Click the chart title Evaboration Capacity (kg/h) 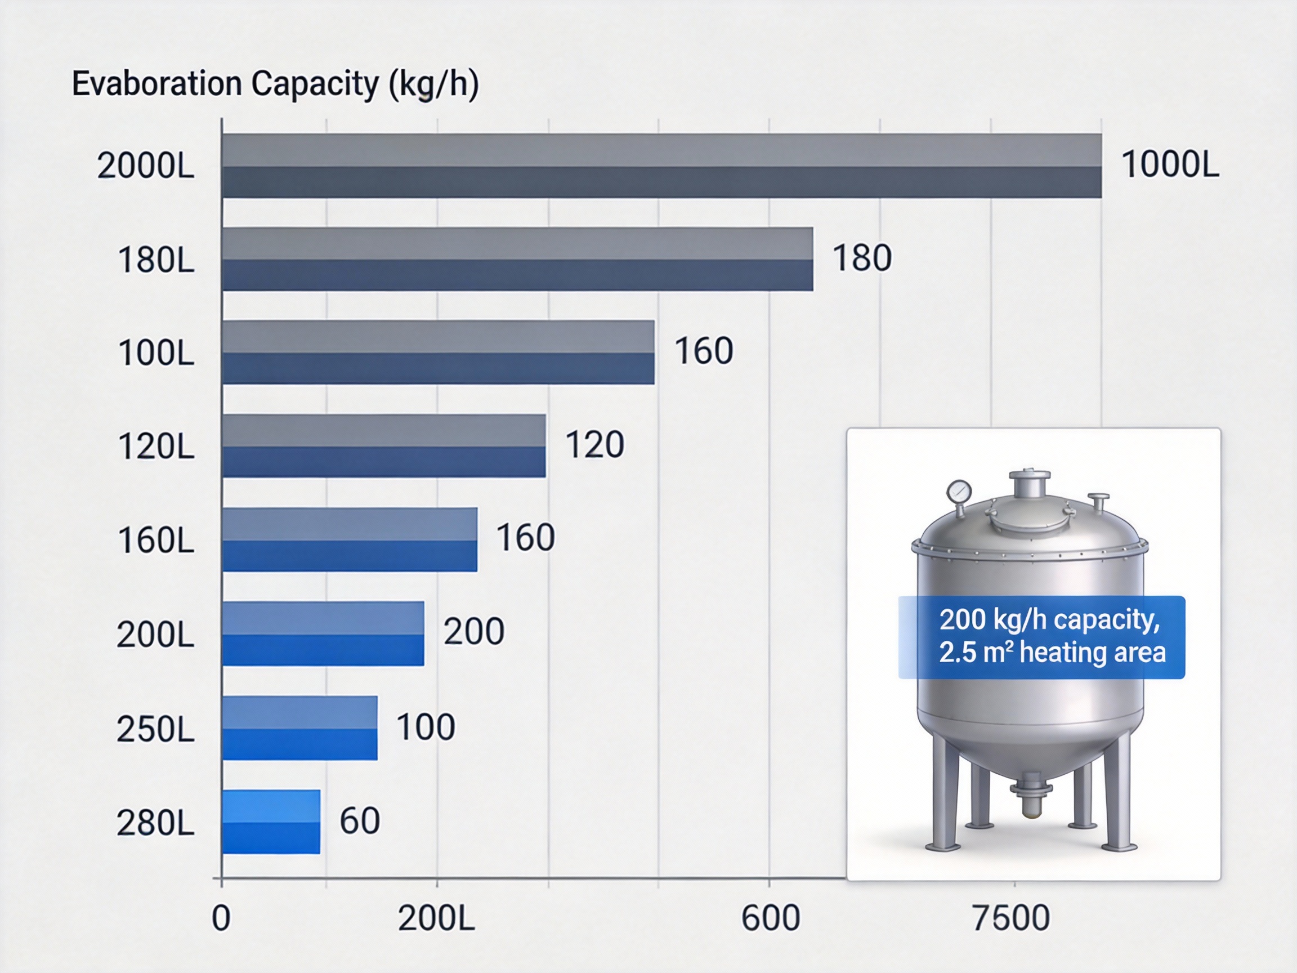pos(275,84)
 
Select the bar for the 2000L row pos(661,166)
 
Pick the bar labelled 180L pos(517,259)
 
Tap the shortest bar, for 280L pos(271,822)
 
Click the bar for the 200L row pos(323,633)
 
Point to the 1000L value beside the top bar pos(1170,165)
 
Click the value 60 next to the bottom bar pos(359,820)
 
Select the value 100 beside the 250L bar pos(426,727)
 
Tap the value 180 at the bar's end pos(862,258)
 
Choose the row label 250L pos(155,730)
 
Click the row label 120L pos(156,447)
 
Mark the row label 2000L pos(145,166)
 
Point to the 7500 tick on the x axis pos(1011,919)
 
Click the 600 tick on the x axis pos(771,919)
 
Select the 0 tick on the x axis pos(221,919)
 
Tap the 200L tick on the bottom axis pos(436,919)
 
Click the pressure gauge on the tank pos(959,492)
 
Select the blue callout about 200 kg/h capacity pos(1041,637)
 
